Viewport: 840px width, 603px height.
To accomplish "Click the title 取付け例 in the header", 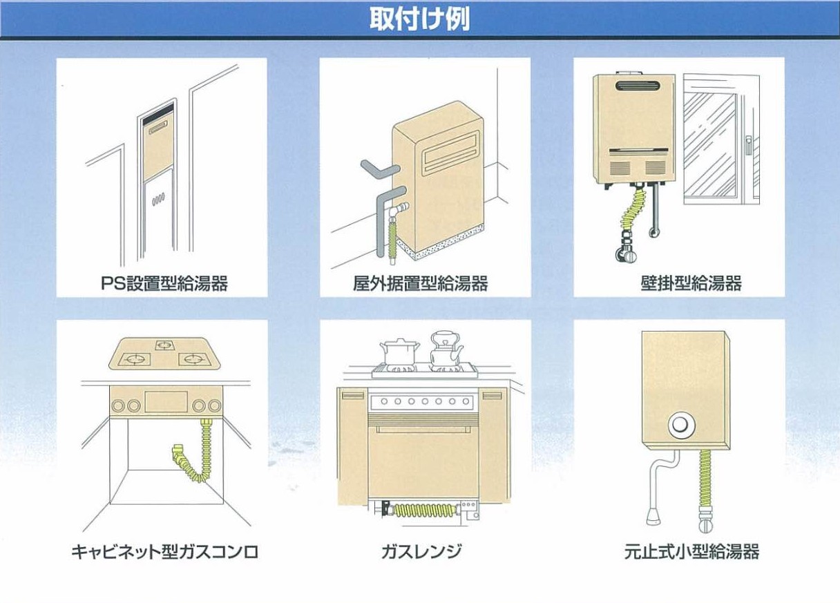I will click(x=419, y=19).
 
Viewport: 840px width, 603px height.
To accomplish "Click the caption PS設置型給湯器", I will click(x=163, y=283).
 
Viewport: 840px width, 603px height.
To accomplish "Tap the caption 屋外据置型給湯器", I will click(x=420, y=283).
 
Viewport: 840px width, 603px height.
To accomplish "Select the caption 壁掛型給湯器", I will click(x=691, y=283).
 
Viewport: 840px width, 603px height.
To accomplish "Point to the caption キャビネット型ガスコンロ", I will click(x=164, y=552).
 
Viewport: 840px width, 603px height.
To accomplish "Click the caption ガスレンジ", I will click(x=421, y=552).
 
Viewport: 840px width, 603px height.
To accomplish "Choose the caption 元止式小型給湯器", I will click(x=691, y=552).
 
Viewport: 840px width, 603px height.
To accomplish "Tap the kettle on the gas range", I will click(x=443, y=350).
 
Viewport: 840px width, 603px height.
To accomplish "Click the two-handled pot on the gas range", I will click(x=397, y=353).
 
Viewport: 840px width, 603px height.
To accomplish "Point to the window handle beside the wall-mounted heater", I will click(x=747, y=146).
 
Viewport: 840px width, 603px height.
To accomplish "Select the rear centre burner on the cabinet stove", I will click(x=164, y=343).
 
